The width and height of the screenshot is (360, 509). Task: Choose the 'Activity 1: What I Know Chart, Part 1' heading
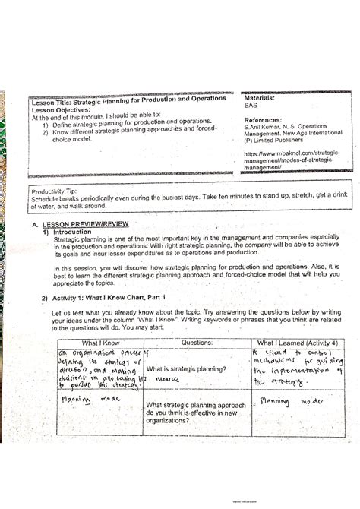tap(107, 299)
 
